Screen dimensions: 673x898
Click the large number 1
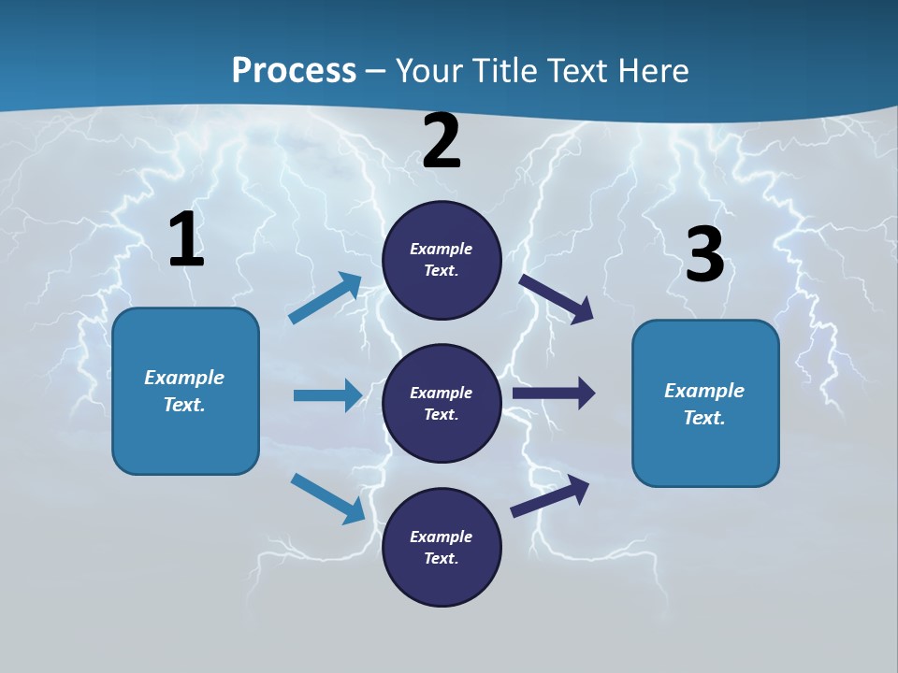187,240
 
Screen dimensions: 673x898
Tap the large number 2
442,142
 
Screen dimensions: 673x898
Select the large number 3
704,255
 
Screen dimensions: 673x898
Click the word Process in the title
294,70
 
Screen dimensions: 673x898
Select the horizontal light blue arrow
327,395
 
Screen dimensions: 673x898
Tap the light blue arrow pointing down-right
328,498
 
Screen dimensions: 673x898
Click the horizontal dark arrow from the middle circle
554,394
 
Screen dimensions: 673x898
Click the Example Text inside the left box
184,391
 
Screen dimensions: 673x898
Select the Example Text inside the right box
704,404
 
